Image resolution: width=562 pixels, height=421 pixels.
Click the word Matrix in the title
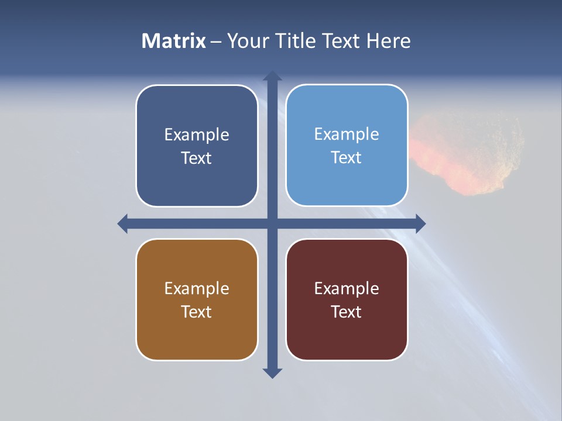[x=173, y=41]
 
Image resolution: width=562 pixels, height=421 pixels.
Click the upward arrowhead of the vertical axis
[x=272, y=77]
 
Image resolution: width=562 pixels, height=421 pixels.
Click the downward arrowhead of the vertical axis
[x=272, y=373]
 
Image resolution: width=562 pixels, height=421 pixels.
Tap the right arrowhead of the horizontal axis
[x=420, y=223]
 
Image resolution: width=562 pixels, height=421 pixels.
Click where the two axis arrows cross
[x=272, y=223]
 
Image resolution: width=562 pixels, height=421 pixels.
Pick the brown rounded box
[x=197, y=333]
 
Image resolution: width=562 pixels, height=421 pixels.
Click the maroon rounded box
[x=347, y=333]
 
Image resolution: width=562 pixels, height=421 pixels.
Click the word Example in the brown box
[x=197, y=288]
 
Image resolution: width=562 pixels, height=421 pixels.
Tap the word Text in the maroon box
[x=347, y=312]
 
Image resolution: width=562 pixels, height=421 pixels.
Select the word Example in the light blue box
[x=347, y=134]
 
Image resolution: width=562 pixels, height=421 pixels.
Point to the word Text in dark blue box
[x=197, y=158]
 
